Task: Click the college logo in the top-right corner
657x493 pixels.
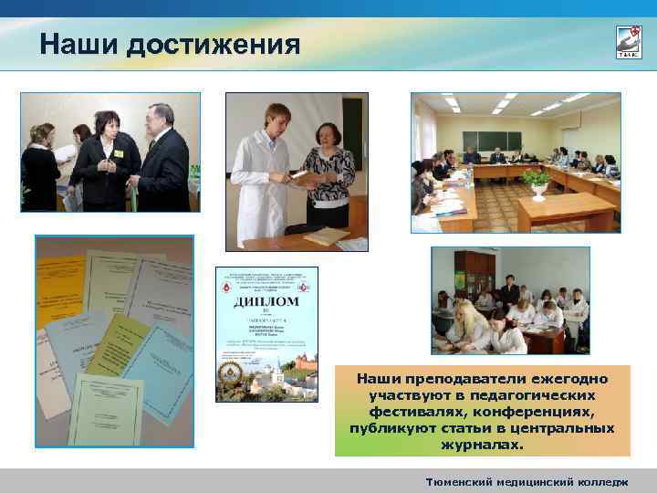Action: tap(629, 41)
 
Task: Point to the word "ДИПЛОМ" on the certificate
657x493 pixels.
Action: tap(266, 301)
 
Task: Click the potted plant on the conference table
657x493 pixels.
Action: tap(537, 181)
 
